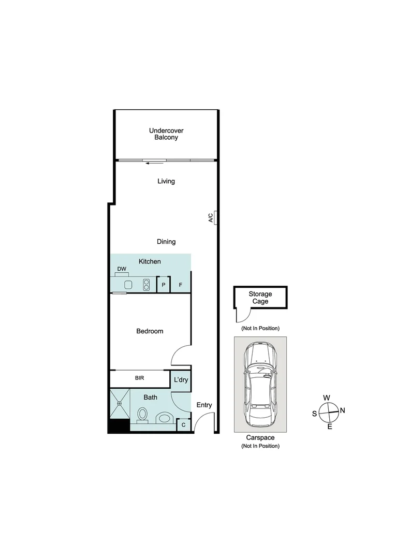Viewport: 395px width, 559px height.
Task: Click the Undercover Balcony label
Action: click(166, 134)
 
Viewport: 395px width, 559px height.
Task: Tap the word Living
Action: click(166, 181)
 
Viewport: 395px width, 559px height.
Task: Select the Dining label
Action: click(166, 242)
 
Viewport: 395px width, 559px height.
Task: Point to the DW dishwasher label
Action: click(122, 269)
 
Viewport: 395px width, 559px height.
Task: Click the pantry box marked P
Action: click(164, 285)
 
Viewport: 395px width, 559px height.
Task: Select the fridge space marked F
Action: click(181, 285)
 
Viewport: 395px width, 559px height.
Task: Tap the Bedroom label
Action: click(150, 331)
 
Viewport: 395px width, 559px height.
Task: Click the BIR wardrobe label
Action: click(139, 378)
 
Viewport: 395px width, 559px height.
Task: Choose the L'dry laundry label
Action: click(181, 380)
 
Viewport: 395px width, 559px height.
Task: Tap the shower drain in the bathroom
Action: click(119, 403)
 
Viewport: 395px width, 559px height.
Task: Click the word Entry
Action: click(204, 405)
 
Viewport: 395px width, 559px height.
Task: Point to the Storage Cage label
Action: click(260, 298)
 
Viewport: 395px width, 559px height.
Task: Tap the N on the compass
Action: click(343, 410)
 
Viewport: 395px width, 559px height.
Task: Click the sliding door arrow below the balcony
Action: click(155, 164)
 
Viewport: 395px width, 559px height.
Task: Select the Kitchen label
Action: click(150, 262)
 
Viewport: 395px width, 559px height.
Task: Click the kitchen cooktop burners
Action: click(147, 284)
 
